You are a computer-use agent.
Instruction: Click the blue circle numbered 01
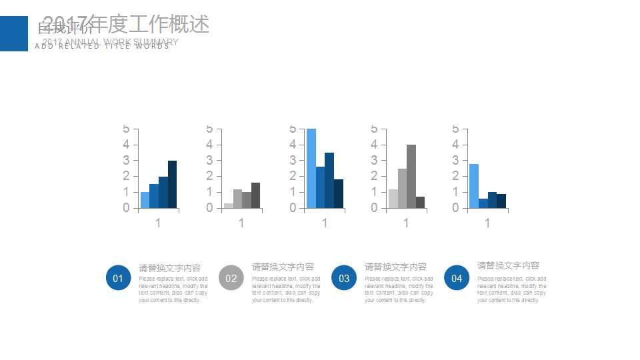pyautogui.click(x=118, y=278)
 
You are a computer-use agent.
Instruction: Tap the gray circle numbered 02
pyautogui.click(x=231, y=278)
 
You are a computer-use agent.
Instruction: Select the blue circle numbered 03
pyautogui.click(x=344, y=278)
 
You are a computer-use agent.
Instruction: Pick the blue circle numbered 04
pyautogui.click(x=457, y=278)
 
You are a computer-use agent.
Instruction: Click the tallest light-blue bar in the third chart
pyautogui.click(x=311, y=169)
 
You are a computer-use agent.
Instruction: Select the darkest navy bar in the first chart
pyautogui.click(x=172, y=185)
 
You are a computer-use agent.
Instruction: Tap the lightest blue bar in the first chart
pyautogui.click(x=145, y=200)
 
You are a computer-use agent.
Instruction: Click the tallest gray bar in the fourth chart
pyautogui.click(x=411, y=177)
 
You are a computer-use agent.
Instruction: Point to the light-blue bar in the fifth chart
pyautogui.click(x=473, y=186)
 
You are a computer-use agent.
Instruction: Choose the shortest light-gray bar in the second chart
pyautogui.click(x=229, y=205)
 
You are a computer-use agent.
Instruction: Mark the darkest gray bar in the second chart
pyautogui.click(x=256, y=195)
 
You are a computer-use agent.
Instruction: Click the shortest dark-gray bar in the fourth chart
pyautogui.click(x=420, y=202)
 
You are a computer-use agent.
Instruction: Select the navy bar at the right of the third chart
pyautogui.click(x=339, y=193)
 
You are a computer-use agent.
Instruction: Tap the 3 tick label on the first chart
pyautogui.click(x=126, y=160)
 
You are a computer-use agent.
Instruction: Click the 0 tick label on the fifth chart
pyautogui.click(x=455, y=208)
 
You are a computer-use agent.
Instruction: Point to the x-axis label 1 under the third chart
pyautogui.click(x=325, y=223)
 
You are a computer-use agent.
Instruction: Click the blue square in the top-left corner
pyautogui.click(x=14, y=33)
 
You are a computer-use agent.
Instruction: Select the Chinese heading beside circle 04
pyautogui.click(x=508, y=265)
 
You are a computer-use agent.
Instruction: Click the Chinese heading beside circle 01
pyautogui.click(x=169, y=268)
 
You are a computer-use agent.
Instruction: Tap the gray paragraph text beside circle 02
pyautogui.click(x=286, y=289)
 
